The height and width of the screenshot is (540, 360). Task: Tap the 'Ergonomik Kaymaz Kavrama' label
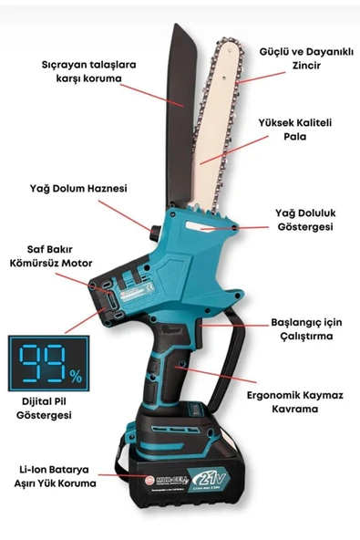(294, 403)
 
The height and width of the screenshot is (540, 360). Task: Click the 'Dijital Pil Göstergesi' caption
(44, 406)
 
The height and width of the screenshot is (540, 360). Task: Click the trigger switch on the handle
(207, 327)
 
